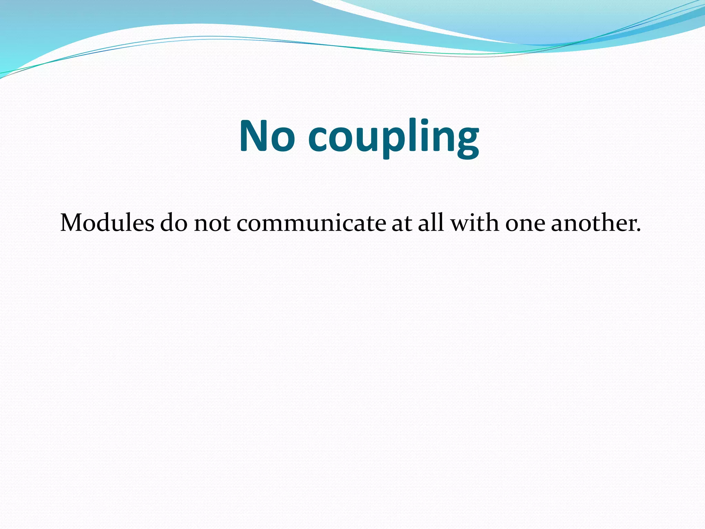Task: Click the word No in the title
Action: [x=267, y=136]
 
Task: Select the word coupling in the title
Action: [x=393, y=138]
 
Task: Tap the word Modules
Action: [x=107, y=223]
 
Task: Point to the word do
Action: [x=174, y=223]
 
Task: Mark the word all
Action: [x=431, y=223]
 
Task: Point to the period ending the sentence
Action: [x=639, y=230]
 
